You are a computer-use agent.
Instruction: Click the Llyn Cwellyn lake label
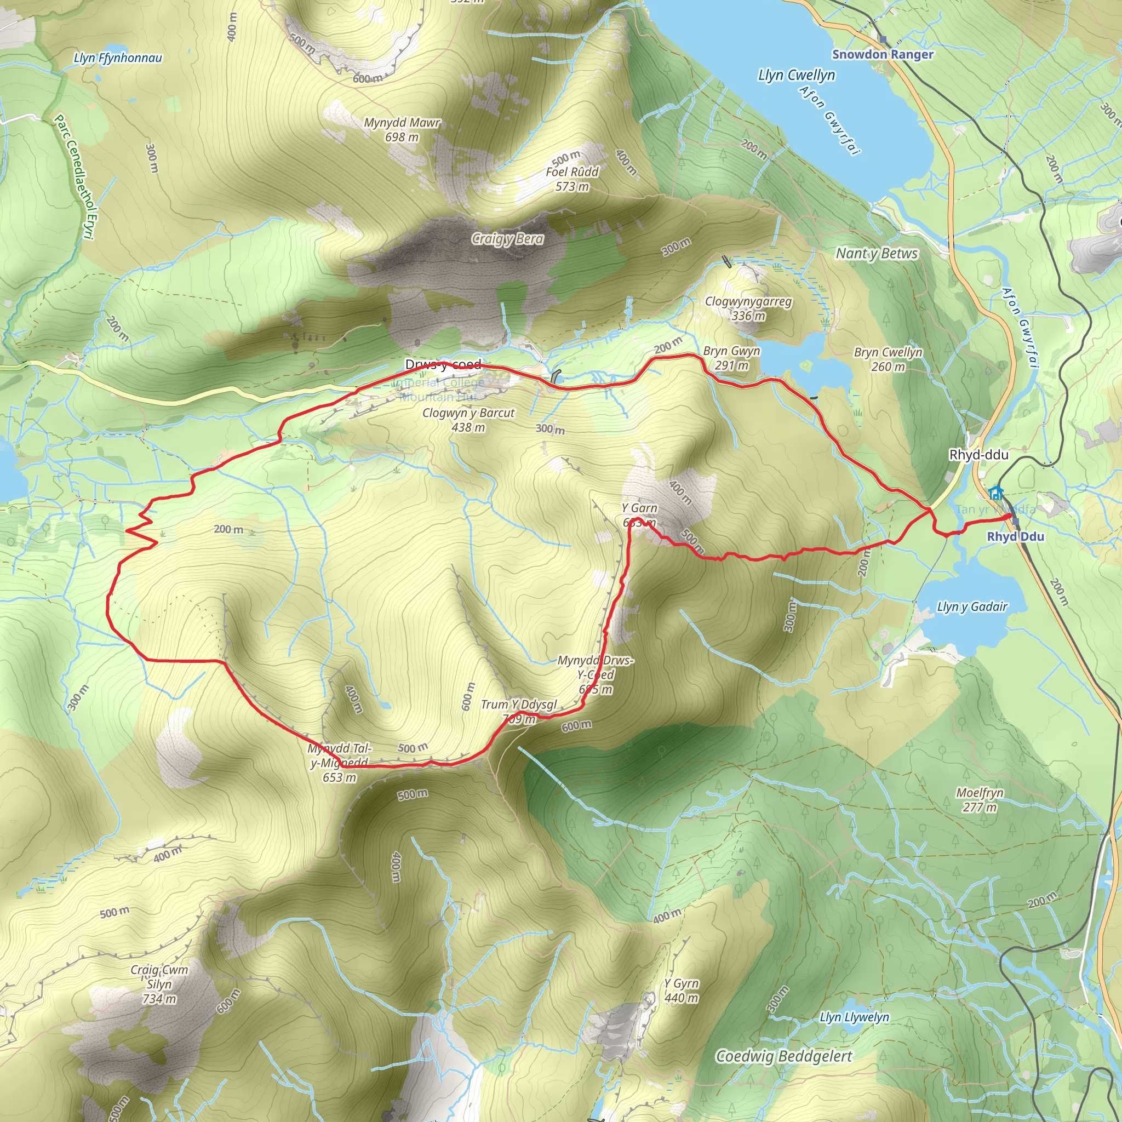(796, 76)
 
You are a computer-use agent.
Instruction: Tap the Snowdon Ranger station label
(882, 54)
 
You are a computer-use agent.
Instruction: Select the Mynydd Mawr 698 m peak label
(402, 129)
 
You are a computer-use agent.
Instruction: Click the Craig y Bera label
(507, 239)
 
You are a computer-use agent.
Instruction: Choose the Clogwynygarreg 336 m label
(748, 308)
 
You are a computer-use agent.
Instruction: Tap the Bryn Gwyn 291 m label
(731, 358)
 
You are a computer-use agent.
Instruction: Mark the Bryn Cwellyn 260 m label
(888, 359)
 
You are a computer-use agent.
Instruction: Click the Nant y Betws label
(877, 253)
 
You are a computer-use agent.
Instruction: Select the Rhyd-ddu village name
(978, 455)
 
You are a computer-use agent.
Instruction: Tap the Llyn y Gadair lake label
(972, 606)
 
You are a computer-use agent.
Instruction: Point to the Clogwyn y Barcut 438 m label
(468, 419)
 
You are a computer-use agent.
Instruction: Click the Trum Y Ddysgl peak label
(519, 705)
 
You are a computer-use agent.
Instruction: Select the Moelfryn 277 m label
(980, 800)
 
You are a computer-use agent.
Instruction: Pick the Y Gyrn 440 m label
(681, 990)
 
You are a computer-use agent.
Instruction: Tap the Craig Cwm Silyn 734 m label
(159, 984)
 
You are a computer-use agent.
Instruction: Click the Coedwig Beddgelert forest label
(783, 1056)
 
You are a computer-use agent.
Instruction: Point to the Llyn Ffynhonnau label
(118, 58)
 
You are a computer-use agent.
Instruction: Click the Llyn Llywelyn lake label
(854, 1017)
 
